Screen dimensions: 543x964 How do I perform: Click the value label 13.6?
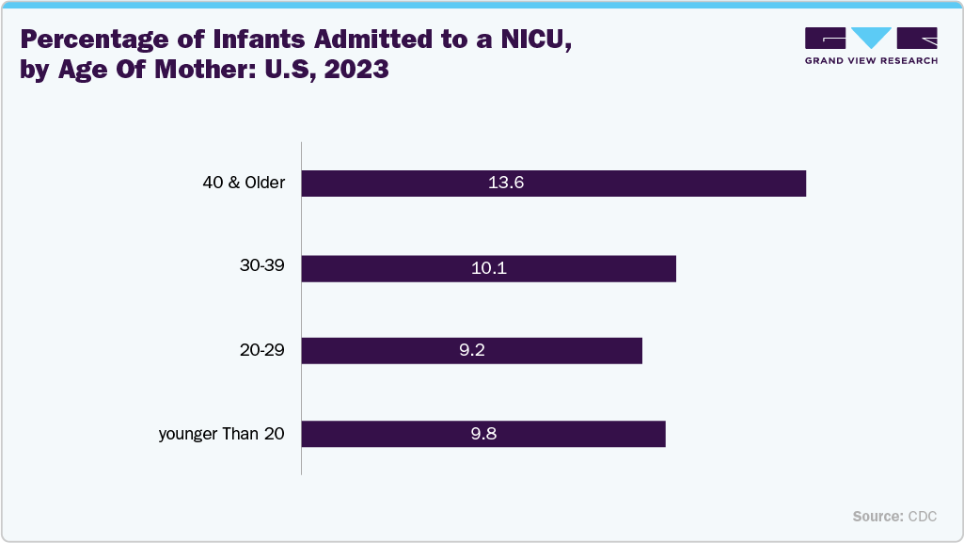point(505,184)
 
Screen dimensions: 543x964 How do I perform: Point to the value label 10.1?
point(489,268)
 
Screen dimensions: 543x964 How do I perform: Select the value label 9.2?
point(471,351)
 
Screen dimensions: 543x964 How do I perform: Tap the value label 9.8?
point(483,434)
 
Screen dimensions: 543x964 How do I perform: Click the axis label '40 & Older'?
point(244,183)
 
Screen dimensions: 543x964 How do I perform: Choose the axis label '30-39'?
point(262,267)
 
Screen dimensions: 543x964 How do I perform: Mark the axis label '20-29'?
point(262,351)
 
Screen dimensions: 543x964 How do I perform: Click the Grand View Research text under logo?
point(871,60)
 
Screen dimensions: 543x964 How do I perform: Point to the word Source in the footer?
point(877,517)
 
